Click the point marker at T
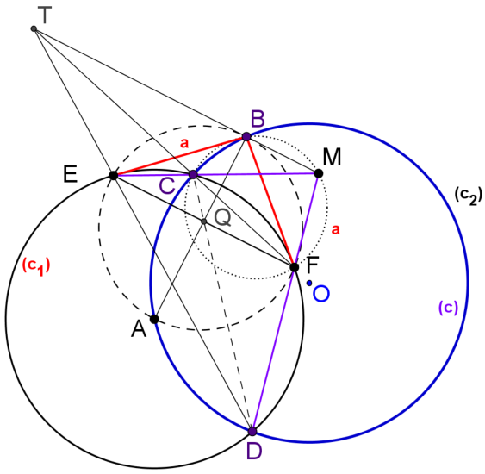(34, 29)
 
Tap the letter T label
(44, 16)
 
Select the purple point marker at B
(246, 136)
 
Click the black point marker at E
(114, 176)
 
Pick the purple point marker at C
(193, 174)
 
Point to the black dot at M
(319, 173)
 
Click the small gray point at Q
(203, 221)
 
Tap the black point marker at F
(294, 267)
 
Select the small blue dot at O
(309, 283)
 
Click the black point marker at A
(155, 319)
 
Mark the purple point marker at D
(252, 431)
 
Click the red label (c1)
(36, 266)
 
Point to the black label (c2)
(469, 196)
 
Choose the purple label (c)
(448, 308)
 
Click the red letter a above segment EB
(184, 143)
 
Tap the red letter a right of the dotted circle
(336, 229)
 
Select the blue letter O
(321, 294)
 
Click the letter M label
(332, 157)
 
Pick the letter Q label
(223, 218)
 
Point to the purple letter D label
(254, 451)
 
